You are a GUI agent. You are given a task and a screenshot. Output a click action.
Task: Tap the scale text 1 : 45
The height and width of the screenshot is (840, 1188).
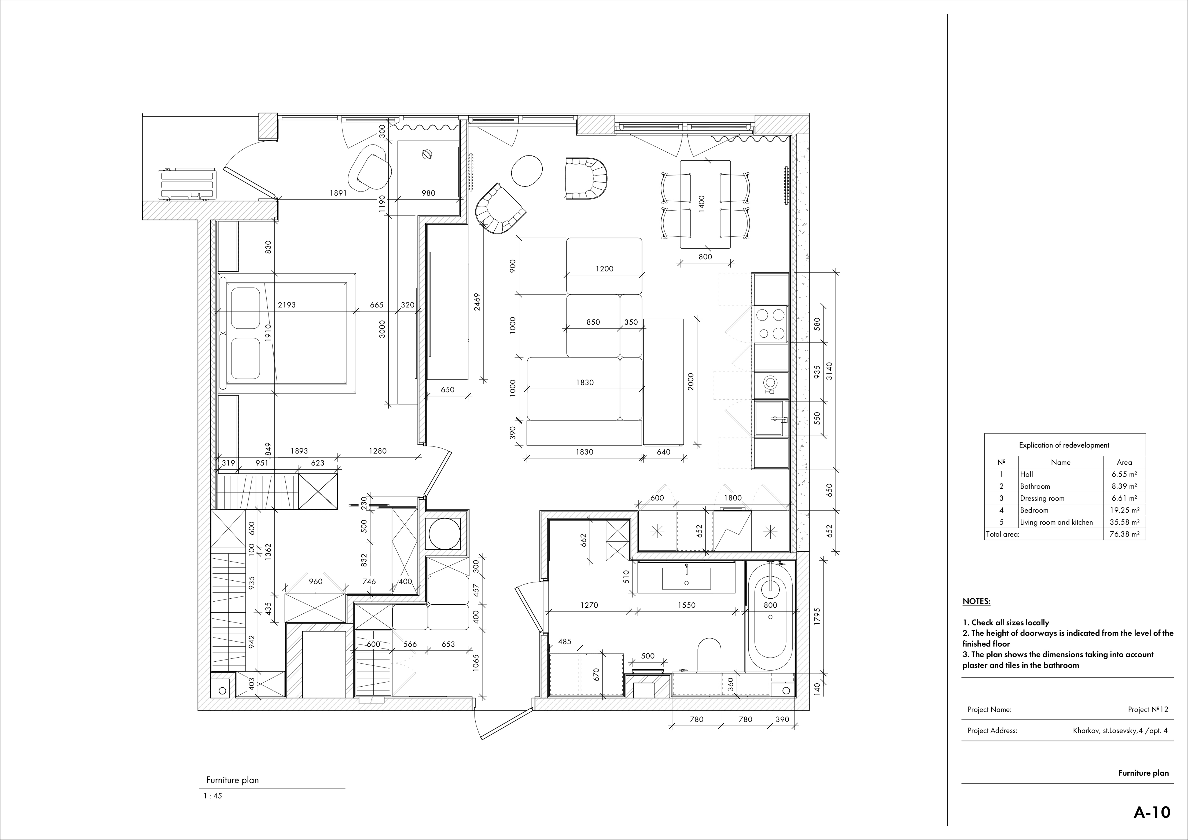tap(213, 796)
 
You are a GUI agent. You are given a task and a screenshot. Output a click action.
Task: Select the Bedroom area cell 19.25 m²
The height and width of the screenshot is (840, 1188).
tap(1123, 510)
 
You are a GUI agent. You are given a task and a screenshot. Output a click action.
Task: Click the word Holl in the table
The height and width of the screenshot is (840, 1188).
tap(1026, 474)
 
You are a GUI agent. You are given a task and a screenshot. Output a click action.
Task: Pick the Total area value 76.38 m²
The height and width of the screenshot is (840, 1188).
tap(1123, 534)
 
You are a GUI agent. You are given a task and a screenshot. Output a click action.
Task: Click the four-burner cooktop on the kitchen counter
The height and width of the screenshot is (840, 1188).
tap(770, 323)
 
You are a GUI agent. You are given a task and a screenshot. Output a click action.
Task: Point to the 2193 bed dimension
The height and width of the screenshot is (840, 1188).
tap(287, 305)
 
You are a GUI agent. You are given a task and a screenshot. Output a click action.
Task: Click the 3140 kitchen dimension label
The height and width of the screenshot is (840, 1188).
tap(830, 371)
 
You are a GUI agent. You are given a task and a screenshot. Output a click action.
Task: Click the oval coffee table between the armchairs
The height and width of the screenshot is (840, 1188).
tap(527, 170)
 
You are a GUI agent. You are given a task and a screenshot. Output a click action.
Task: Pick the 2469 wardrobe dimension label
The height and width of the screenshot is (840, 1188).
tap(477, 302)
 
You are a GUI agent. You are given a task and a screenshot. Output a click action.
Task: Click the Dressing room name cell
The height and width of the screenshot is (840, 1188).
tap(1042, 498)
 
